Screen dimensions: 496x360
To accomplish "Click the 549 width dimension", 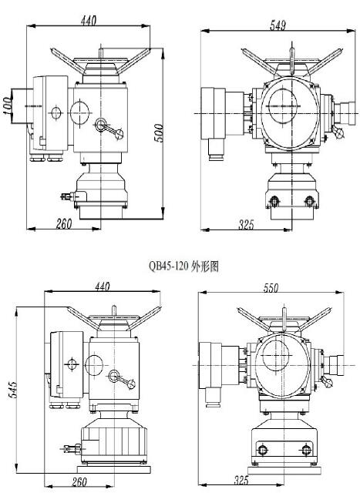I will coord(278,25).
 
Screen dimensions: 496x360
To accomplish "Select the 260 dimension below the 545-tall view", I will coord(79,482).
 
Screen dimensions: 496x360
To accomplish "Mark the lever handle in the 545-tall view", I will coord(120,380).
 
